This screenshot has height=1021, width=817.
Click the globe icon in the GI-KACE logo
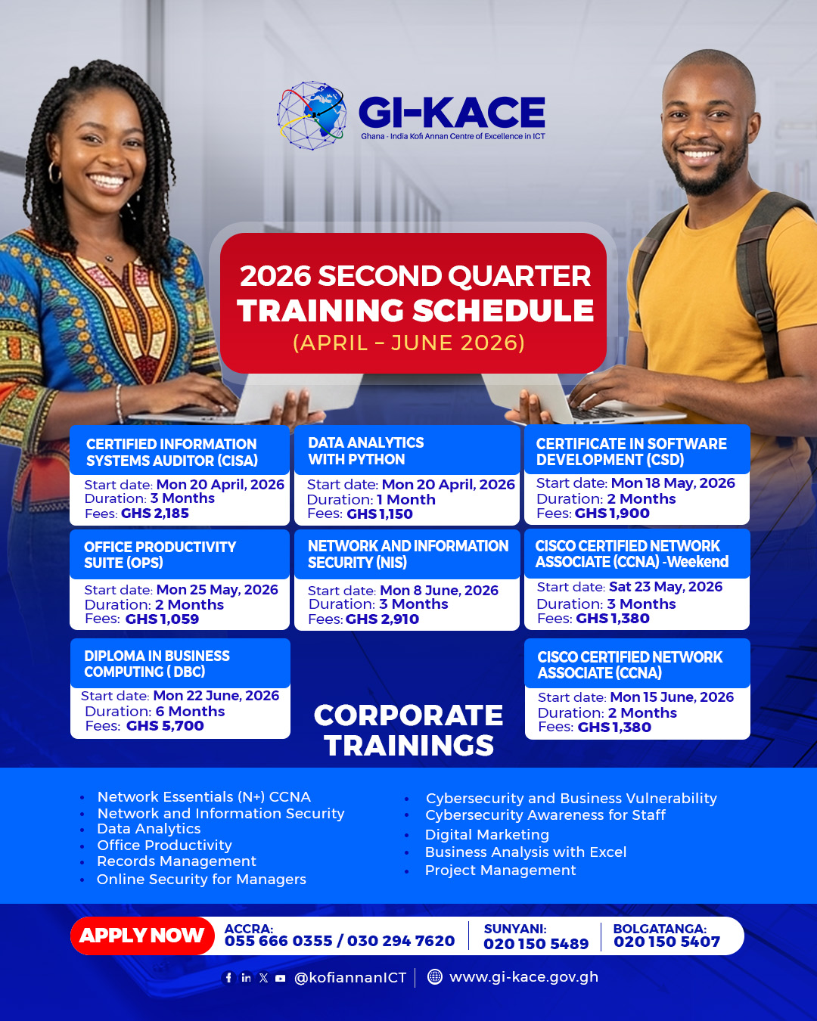pos(312,115)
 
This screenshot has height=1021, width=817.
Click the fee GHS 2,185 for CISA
pos(155,514)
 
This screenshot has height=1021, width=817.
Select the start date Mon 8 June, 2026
pos(439,590)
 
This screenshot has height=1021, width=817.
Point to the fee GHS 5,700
pos(165,725)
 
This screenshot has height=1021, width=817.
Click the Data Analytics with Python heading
pos(365,451)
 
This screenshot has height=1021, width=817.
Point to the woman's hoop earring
pos(54,172)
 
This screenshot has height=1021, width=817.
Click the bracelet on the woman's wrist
pos(120,404)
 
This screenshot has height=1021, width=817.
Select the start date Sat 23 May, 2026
pos(665,586)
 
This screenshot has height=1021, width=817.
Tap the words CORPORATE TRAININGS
pos(408,731)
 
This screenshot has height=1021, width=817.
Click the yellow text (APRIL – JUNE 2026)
pos(408,343)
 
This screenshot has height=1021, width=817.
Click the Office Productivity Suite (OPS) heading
pos(160,554)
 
